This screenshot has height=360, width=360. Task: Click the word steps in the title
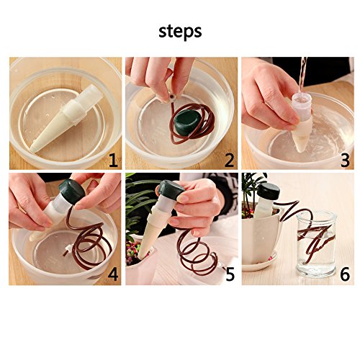[180, 32]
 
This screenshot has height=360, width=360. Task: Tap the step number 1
[114, 160]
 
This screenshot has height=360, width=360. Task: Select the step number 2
[229, 160]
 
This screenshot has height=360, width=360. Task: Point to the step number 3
[345, 161]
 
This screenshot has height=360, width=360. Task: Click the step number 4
[113, 274]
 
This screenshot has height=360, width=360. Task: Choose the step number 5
[230, 274]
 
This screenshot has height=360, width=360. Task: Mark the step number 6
[345, 274]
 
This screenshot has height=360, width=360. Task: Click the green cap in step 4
[72, 192]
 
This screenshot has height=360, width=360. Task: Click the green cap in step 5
[171, 190]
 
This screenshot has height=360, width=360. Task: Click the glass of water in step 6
[315, 243]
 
